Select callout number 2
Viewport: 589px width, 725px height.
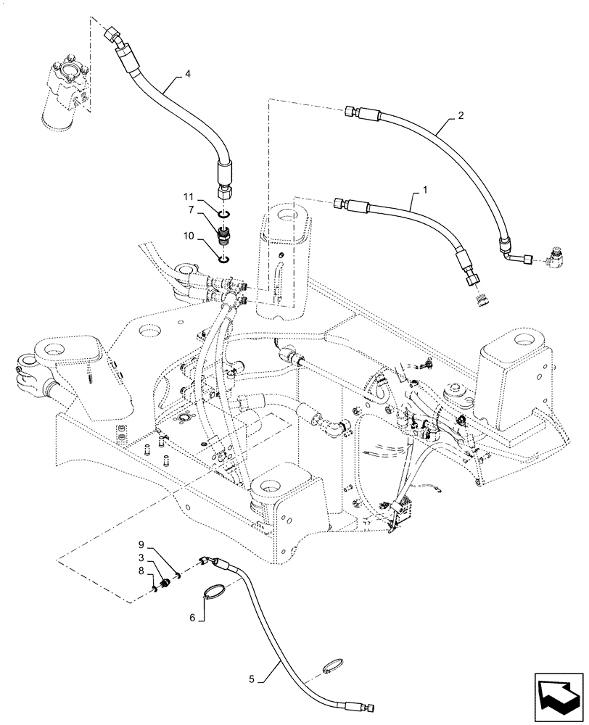click(x=459, y=115)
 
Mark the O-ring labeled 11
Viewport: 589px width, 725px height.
click(x=224, y=214)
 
